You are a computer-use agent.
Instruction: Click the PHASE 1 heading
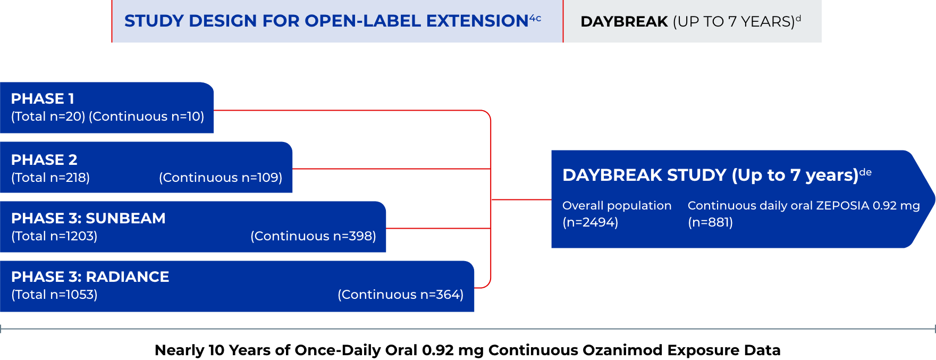click(x=43, y=99)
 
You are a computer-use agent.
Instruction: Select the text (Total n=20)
click(x=48, y=116)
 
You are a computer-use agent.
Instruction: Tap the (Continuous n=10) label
click(x=147, y=116)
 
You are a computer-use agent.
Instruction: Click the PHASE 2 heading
click(x=44, y=160)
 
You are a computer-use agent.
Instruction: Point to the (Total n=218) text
click(x=50, y=178)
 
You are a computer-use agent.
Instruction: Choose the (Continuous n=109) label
click(x=221, y=178)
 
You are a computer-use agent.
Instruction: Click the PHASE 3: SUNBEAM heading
click(x=88, y=219)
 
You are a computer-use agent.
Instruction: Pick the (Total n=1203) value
click(x=54, y=236)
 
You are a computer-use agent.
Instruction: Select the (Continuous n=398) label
click(x=313, y=236)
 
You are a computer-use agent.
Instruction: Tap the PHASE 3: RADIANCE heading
click(x=90, y=277)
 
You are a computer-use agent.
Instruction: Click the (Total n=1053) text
click(x=54, y=295)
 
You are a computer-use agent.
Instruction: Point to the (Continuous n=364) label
click(x=401, y=295)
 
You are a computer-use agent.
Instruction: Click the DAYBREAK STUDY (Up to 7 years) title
click(x=711, y=175)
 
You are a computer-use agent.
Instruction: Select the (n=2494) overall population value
click(x=591, y=222)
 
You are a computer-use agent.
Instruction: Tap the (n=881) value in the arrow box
click(x=711, y=222)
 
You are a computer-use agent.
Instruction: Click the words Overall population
click(x=617, y=206)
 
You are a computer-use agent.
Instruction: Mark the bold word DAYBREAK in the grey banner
click(x=624, y=22)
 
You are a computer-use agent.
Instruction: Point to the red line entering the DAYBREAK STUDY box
click(x=521, y=199)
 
